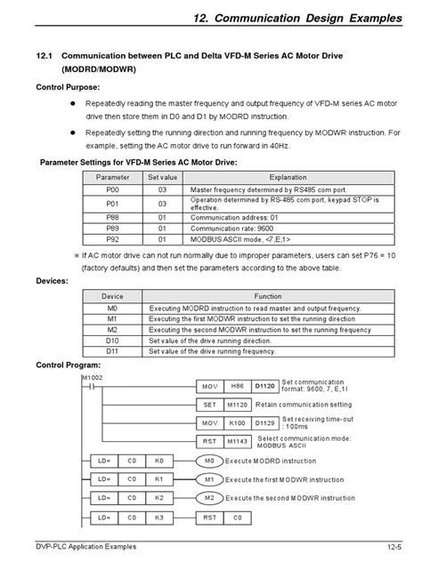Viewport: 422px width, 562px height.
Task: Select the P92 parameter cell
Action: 111,240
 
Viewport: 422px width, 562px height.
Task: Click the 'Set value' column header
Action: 162,178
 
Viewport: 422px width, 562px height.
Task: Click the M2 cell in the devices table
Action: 112,329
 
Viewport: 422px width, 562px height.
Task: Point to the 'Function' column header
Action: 268,296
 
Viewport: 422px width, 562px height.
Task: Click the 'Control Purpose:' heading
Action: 68,88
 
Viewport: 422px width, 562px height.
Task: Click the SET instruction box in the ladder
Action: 210,404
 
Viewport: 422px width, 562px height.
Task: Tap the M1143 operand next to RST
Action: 237,440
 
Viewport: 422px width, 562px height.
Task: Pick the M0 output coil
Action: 210,462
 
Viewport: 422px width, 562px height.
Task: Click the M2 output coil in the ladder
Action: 210,497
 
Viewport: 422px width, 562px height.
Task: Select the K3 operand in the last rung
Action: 160,516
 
